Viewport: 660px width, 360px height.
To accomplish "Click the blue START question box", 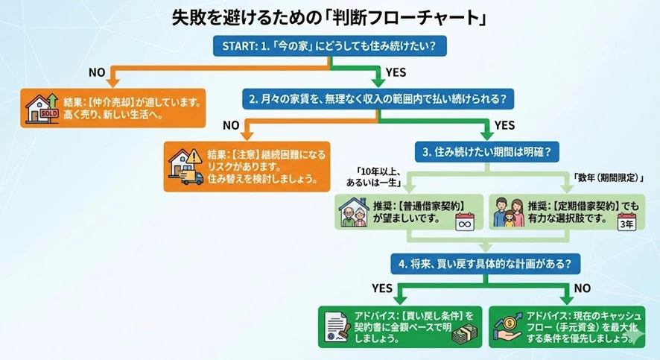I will click(329, 45).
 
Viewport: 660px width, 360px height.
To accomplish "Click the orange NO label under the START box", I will click(97, 72).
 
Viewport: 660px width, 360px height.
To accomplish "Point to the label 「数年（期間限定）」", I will click(608, 178).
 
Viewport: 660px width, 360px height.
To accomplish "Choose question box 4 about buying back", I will click(486, 262).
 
